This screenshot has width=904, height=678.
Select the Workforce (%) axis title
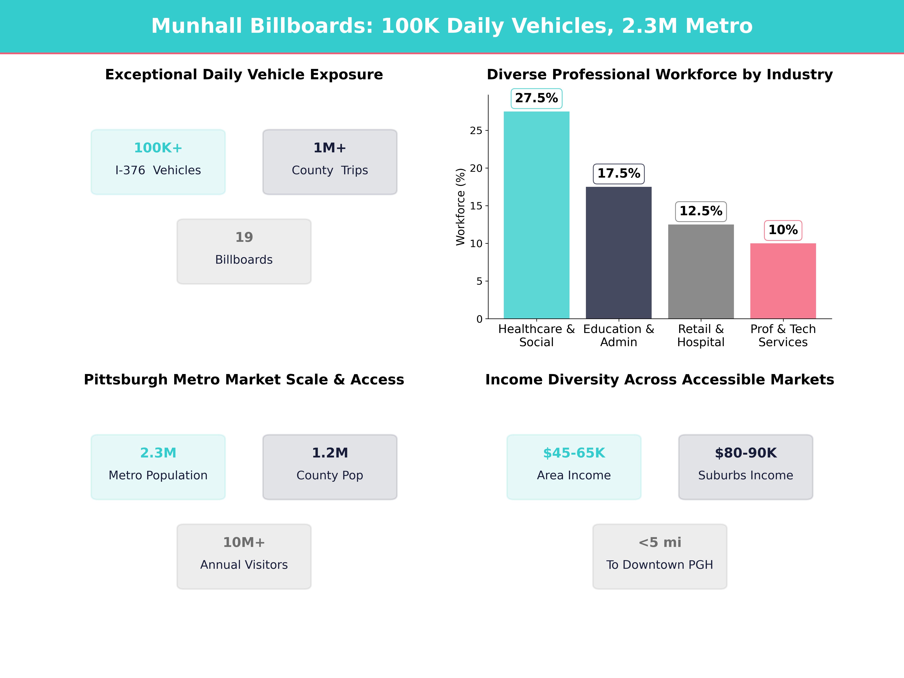[461, 207]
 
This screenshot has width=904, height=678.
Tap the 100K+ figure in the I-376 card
[158, 148]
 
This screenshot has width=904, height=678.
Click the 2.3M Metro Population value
[158, 453]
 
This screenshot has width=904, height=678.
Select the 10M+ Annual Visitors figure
[244, 542]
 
